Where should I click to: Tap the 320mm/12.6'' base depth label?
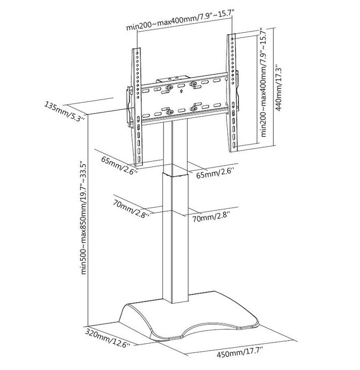tap(108, 337)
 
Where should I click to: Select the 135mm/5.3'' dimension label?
tap(64, 111)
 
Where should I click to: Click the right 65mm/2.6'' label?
tap(215, 173)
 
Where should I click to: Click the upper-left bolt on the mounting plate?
tap(169, 88)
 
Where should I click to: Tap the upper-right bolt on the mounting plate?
tap(193, 84)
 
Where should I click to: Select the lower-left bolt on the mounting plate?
tap(170, 112)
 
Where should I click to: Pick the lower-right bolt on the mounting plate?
tap(193, 108)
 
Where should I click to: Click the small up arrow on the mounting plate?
tap(181, 91)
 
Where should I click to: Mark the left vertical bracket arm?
tap(137, 107)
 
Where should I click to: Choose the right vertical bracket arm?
tap(232, 93)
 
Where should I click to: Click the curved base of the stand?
tap(189, 316)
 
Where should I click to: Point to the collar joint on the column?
tap(175, 174)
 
